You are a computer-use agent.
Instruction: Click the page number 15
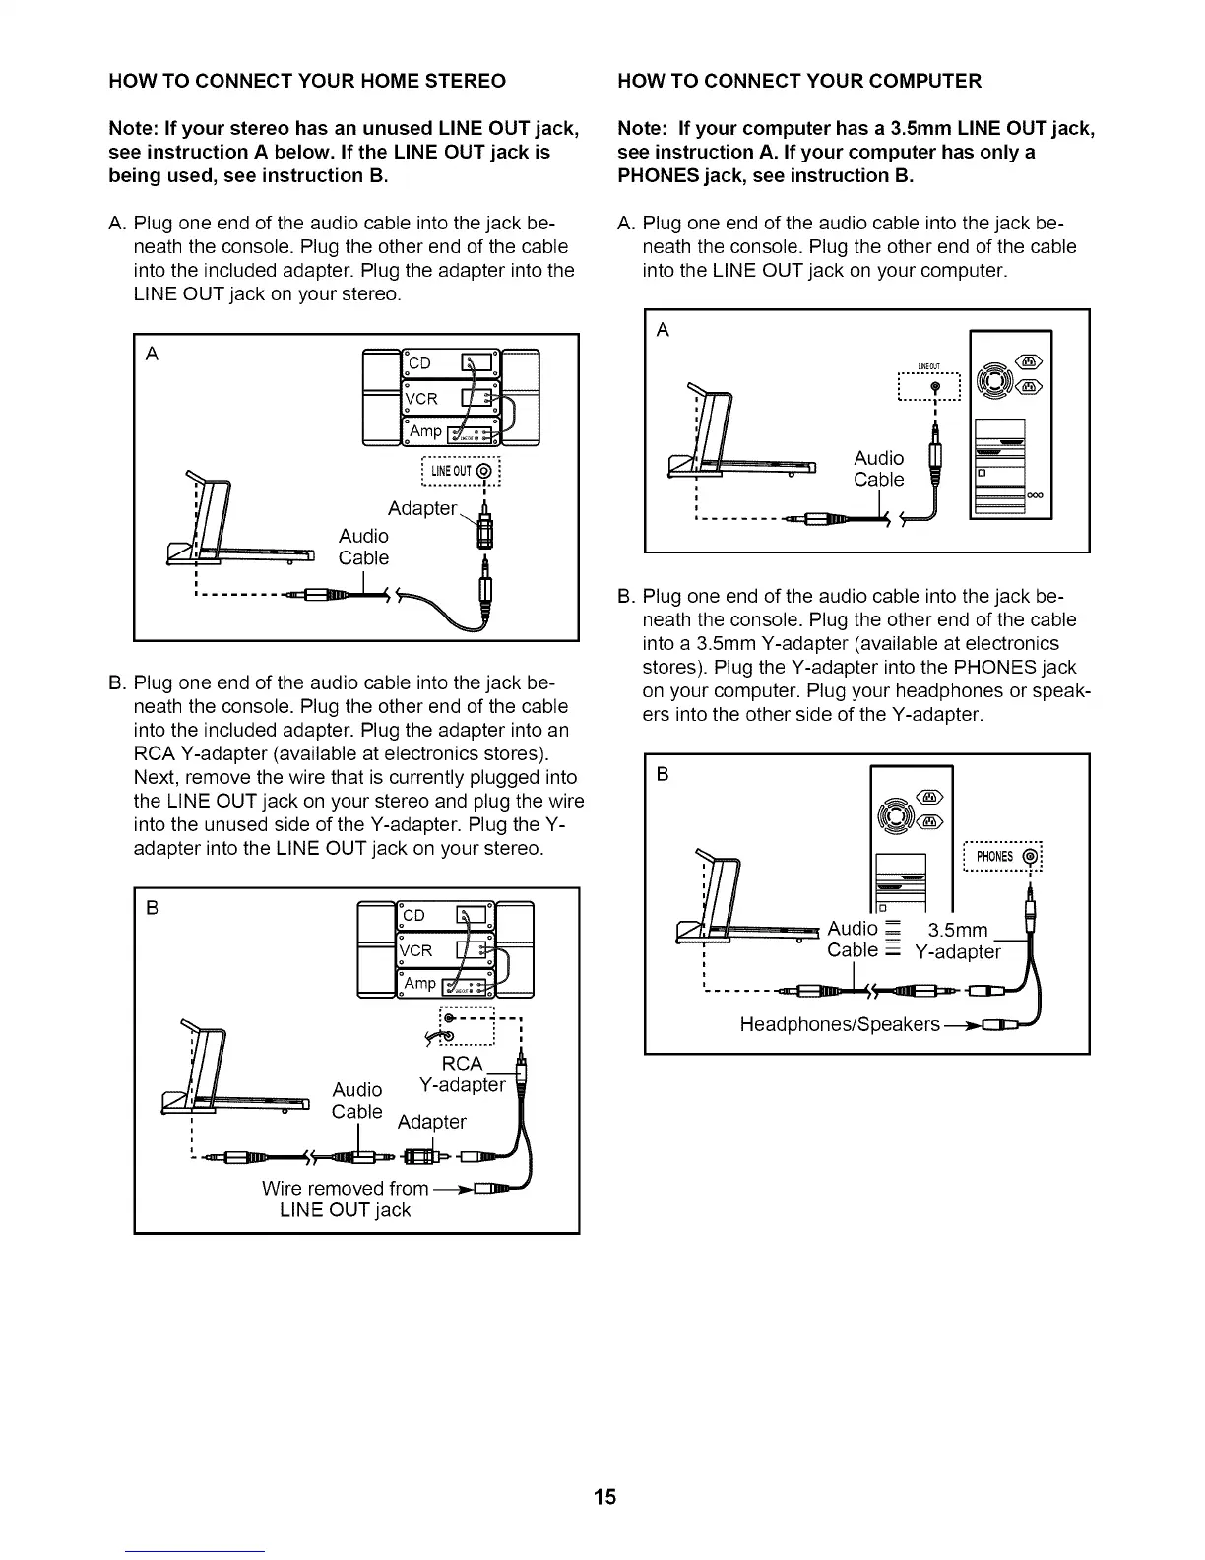click(x=604, y=1497)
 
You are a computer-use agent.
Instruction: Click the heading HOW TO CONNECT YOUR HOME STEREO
click(x=307, y=81)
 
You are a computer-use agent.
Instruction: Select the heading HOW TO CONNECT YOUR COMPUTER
click(x=798, y=81)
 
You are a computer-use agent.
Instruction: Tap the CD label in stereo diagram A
click(x=419, y=363)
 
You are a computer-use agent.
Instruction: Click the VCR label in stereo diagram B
click(x=416, y=950)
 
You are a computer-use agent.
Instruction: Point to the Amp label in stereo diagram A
click(x=425, y=431)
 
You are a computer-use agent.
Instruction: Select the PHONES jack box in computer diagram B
click(x=1002, y=856)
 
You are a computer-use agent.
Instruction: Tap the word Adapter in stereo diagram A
click(x=422, y=508)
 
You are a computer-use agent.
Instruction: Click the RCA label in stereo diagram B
click(x=463, y=1064)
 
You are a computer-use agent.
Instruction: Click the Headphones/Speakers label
click(x=840, y=1024)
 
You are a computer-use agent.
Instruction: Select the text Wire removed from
click(x=345, y=1188)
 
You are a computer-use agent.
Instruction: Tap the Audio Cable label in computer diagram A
click(x=878, y=469)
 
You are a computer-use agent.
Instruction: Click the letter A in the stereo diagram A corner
click(x=152, y=355)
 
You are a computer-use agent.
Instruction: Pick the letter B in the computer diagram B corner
click(x=663, y=774)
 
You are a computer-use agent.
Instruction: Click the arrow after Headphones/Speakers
click(x=961, y=1025)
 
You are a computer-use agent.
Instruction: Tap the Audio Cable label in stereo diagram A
click(x=363, y=547)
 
